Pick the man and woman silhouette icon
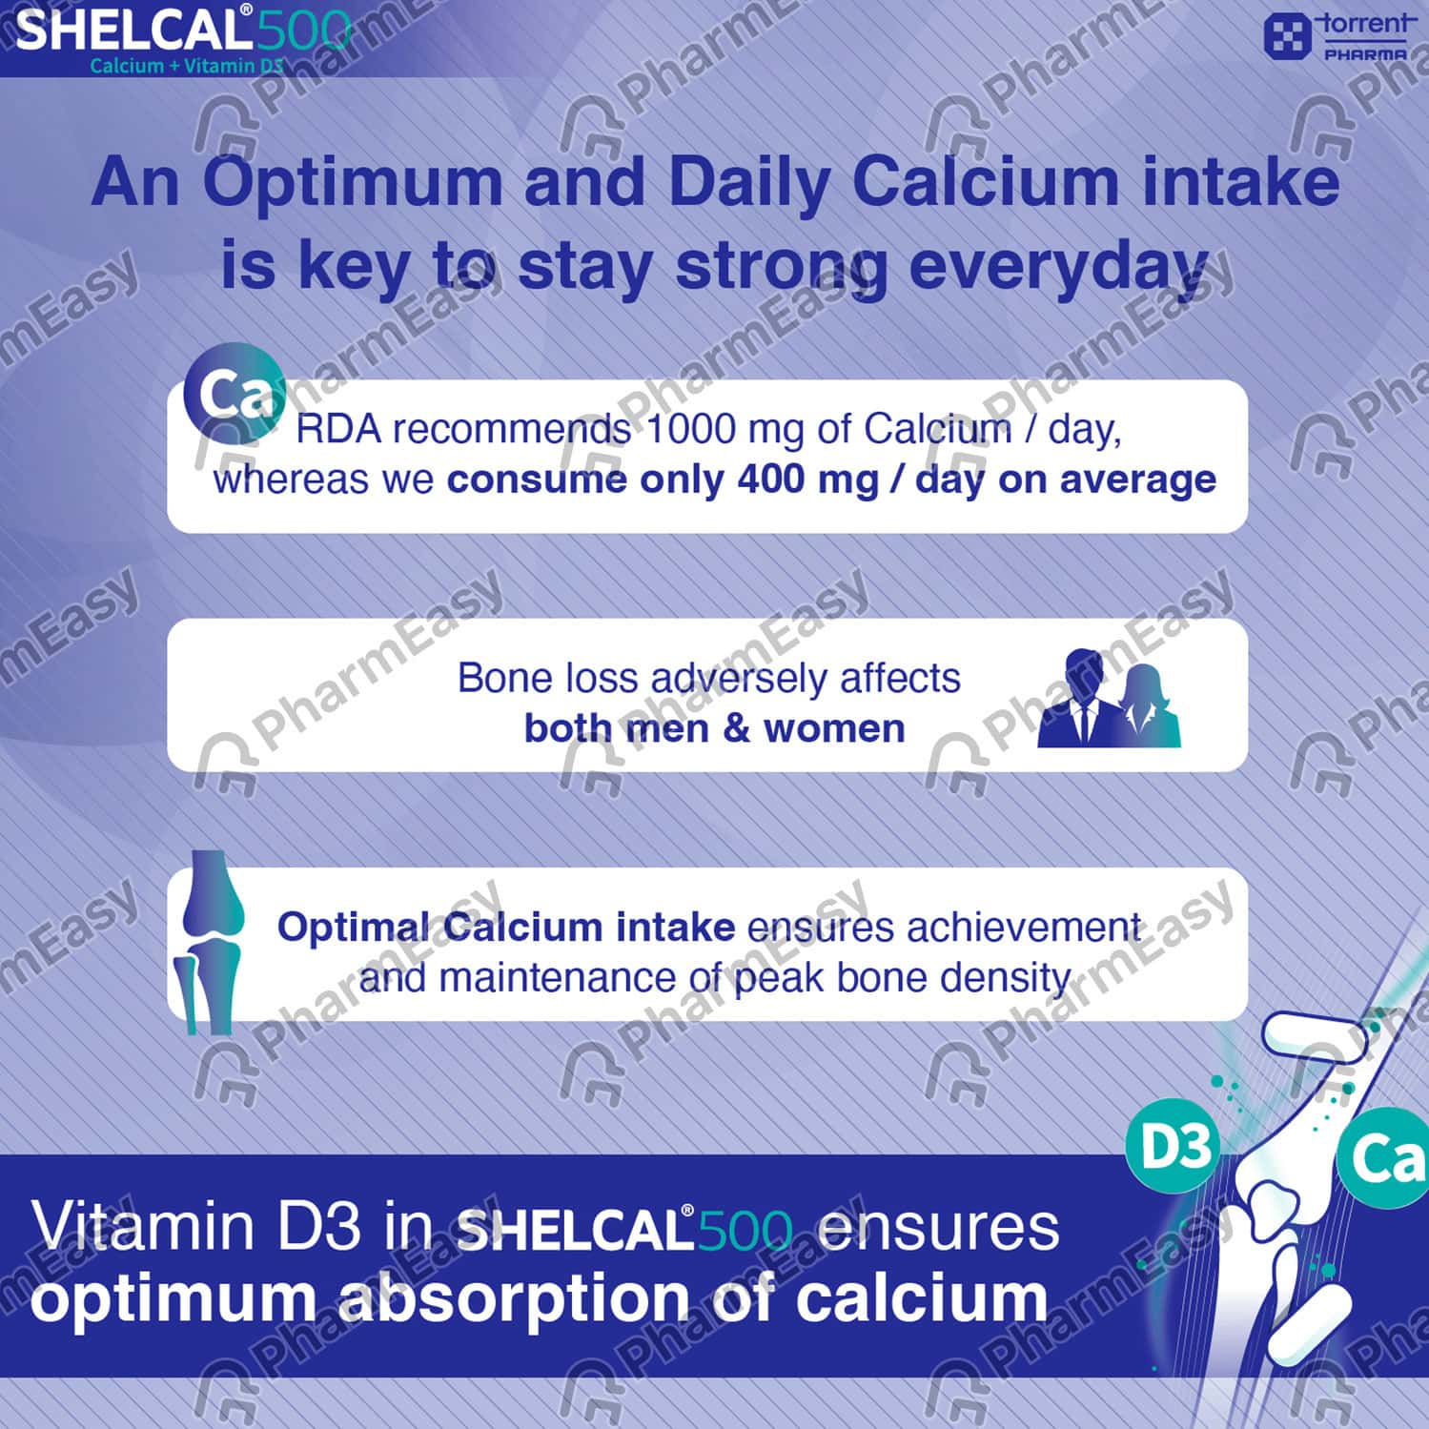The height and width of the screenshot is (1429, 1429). tap(1109, 698)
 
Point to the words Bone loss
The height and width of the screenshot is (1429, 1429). tap(547, 678)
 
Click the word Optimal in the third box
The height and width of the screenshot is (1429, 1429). tap(353, 928)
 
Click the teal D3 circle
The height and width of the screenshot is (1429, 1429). tap(1174, 1148)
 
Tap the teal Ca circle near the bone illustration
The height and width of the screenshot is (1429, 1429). tap(1385, 1157)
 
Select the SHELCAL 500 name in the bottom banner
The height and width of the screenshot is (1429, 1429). tap(624, 1229)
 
